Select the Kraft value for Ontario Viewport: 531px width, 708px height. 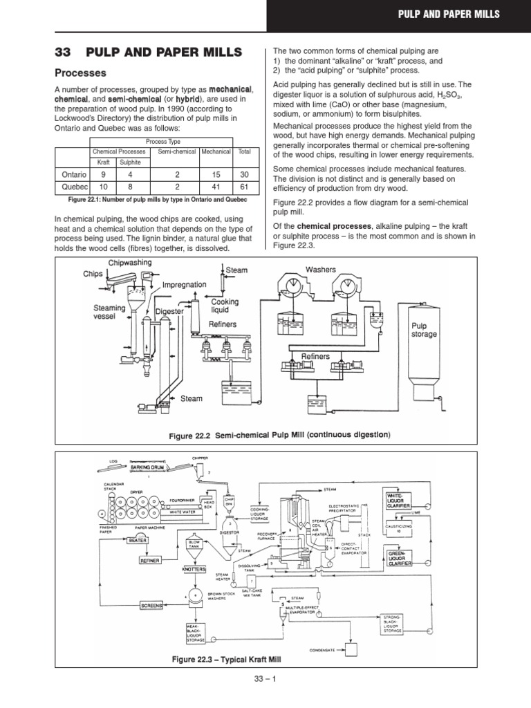click(102, 175)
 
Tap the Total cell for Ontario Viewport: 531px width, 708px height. click(244, 175)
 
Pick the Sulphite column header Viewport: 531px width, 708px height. click(129, 162)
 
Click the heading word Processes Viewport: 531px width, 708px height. click(80, 73)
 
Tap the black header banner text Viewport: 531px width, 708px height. click(452, 14)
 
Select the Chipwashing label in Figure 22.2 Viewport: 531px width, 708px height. click(130, 263)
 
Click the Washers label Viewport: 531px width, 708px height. click(320, 269)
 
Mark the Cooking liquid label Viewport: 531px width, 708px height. click(225, 306)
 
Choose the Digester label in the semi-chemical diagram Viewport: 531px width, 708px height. click(169, 312)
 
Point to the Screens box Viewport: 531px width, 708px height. click(151, 605)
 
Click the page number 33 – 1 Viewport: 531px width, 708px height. click(265, 698)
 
